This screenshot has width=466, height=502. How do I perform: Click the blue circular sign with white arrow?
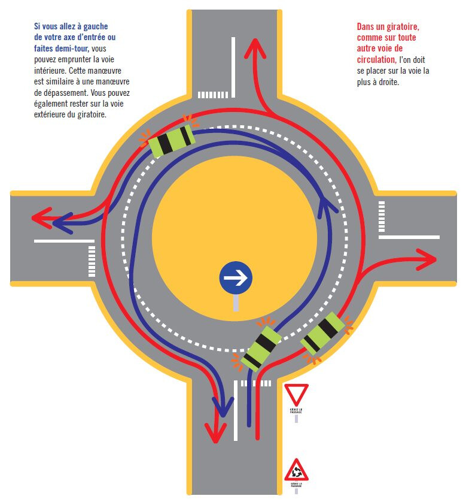[x=236, y=277]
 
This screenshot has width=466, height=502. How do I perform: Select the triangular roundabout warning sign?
[x=296, y=470]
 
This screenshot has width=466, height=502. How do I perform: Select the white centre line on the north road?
[x=233, y=66]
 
